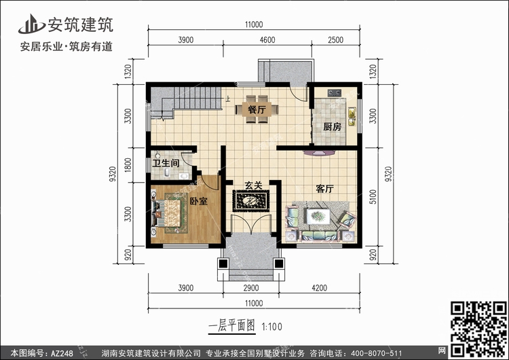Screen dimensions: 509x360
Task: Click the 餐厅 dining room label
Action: point(257,109)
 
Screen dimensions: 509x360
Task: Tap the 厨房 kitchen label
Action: point(332,126)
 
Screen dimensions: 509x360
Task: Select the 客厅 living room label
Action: point(324,188)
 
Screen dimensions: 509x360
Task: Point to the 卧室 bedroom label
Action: point(198,201)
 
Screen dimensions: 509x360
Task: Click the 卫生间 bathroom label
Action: point(166,163)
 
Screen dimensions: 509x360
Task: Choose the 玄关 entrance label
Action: point(253,185)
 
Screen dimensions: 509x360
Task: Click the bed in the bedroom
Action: point(166,213)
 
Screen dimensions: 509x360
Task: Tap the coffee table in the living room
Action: point(318,216)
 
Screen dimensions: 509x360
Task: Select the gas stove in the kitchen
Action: point(334,93)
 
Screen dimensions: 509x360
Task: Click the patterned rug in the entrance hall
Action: point(251,201)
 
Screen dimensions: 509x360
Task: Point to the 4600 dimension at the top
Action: point(267,39)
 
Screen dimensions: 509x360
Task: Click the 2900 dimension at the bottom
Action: point(251,288)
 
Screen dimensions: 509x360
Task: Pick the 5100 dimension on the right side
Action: point(373,197)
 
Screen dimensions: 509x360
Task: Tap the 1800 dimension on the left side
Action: point(128,165)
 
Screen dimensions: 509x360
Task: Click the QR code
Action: point(479,329)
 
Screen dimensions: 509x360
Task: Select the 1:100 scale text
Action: point(271,327)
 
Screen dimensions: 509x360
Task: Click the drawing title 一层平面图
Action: point(232,326)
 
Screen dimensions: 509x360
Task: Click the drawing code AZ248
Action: point(62,353)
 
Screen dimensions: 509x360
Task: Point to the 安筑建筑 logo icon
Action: point(31,24)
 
